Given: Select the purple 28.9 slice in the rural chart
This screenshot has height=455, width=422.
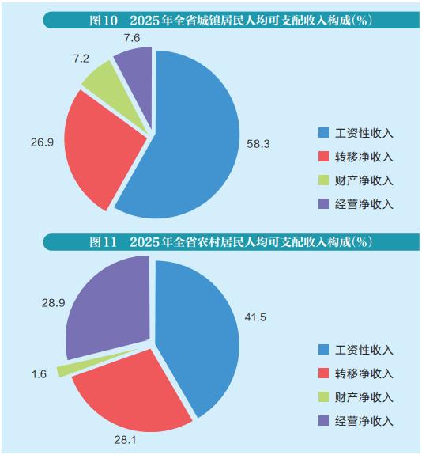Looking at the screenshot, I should click(107, 313).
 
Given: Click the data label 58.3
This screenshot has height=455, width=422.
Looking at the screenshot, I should click(258, 145).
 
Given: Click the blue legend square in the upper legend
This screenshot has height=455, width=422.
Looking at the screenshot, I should click(322, 133).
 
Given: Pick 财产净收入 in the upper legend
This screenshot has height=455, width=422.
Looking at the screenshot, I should click(364, 180).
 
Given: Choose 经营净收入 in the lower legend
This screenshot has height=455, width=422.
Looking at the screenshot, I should click(364, 420).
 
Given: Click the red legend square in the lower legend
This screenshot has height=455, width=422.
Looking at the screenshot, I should click(322, 373).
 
